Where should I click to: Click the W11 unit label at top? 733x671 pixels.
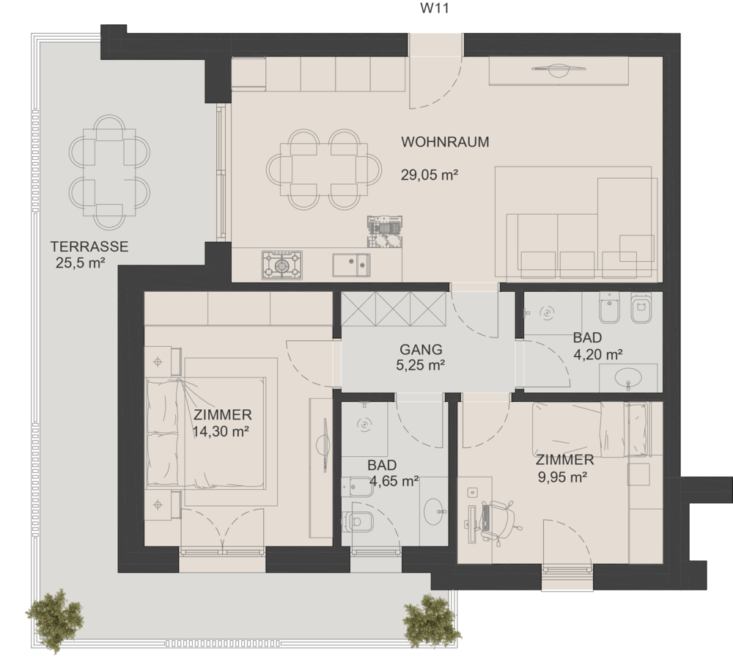tap(435, 8)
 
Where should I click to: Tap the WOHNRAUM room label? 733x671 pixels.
tap(445, 142)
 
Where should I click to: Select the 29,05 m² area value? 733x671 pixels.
tap(429, 175)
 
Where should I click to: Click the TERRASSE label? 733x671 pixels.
tap(89, 246)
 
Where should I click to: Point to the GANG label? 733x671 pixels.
tap(421, 349)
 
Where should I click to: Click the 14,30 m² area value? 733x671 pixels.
tap(221, 431)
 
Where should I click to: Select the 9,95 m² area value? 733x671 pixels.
tap(563, 477)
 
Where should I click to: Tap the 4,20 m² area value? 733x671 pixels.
tap(597, 354)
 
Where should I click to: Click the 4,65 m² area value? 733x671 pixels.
tap(394, 480)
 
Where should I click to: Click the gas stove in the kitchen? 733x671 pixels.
tap(282, 265)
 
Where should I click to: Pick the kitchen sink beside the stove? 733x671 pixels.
tap(352, 265)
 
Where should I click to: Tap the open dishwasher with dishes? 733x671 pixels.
tap(385, 231)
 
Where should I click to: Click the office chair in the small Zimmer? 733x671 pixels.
tap(498, 519)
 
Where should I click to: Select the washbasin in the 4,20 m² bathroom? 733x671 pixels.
tap(628, 376)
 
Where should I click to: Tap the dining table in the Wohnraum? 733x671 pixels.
tap(323, 169)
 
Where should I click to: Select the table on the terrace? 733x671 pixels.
tap(109, 172)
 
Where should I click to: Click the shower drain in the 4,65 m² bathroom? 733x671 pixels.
tap(364, 425)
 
